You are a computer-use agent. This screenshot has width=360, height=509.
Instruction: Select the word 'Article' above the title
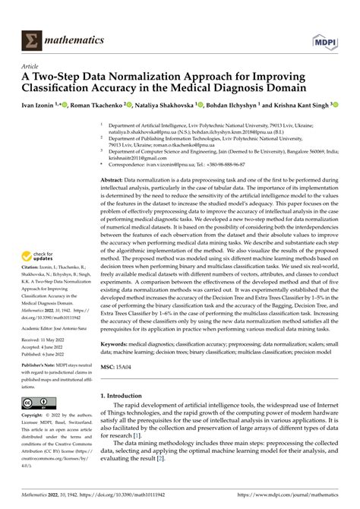point(34,65)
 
